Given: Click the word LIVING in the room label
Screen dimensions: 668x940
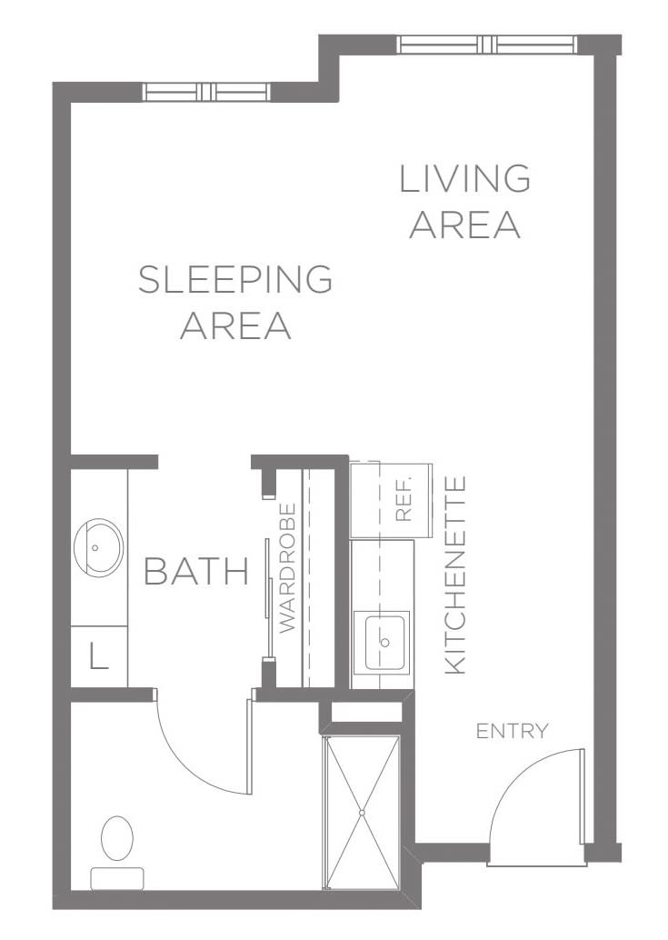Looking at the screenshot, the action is click(x=465, y=179).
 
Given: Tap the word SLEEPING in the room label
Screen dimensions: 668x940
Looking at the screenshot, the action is click(x=235, y=279).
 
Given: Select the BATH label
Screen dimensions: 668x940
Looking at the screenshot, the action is click(x=196, y=571).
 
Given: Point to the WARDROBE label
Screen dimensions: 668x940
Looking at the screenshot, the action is click(x=288, y=567).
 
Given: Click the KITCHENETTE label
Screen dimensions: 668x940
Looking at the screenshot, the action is click(x=455, y=575).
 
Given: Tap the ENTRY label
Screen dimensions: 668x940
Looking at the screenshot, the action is click(x=513, y=732).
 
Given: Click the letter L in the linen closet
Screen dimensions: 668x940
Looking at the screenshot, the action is click(x=99, y=655).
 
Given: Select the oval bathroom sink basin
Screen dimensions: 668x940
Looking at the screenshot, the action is click(x=98, y=548).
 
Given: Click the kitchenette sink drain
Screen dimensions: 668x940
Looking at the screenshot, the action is click(x=385, y=642).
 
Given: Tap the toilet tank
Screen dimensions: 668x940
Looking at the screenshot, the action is click(x=117, y=878).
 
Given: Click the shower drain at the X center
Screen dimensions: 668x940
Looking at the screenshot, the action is click(x=361, y=813).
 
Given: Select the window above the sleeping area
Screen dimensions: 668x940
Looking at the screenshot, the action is click(x=206, y=92).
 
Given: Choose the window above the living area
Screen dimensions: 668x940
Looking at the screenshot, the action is click(x=487, y=45).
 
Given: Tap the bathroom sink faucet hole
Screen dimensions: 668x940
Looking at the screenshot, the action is click(x=95, y=547).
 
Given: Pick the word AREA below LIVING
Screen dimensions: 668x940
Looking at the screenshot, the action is click(x=465, y=225).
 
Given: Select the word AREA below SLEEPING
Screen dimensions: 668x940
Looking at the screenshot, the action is click(x=235, y=325).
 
